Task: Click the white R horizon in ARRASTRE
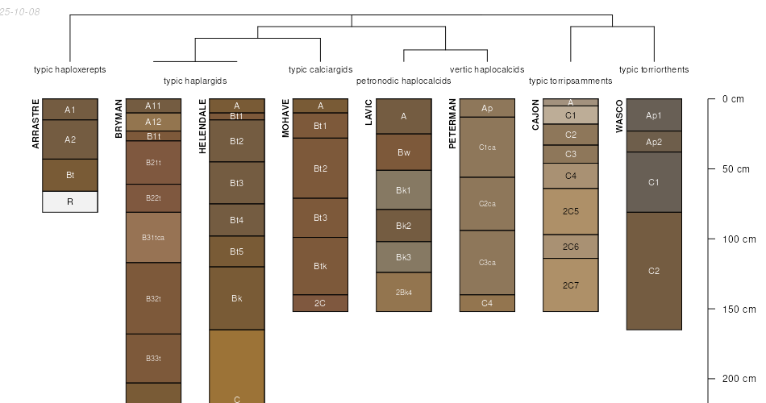(70, 201)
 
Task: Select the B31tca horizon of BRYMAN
(153, 238)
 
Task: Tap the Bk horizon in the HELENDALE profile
(237, 298)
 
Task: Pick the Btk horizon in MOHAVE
(320, 266)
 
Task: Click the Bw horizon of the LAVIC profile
(403, 152)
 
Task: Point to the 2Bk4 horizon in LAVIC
(403, 292)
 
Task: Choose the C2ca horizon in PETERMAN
(487, 204)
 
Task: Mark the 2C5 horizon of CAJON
(571, 211)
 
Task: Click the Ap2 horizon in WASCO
(654, 142)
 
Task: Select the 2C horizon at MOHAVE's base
(320, 303)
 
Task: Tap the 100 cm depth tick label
(739, 239)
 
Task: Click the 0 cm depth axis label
(733, 99)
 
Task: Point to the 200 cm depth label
(739, 379)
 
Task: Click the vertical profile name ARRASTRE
(35, 123)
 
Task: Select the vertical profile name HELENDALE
(202, 127)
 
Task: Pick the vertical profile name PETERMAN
(452, 123)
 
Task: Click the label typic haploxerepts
(70, 69)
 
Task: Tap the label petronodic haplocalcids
(403, 81)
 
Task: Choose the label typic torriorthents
(654, 69)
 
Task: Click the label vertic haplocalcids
(487, 69)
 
